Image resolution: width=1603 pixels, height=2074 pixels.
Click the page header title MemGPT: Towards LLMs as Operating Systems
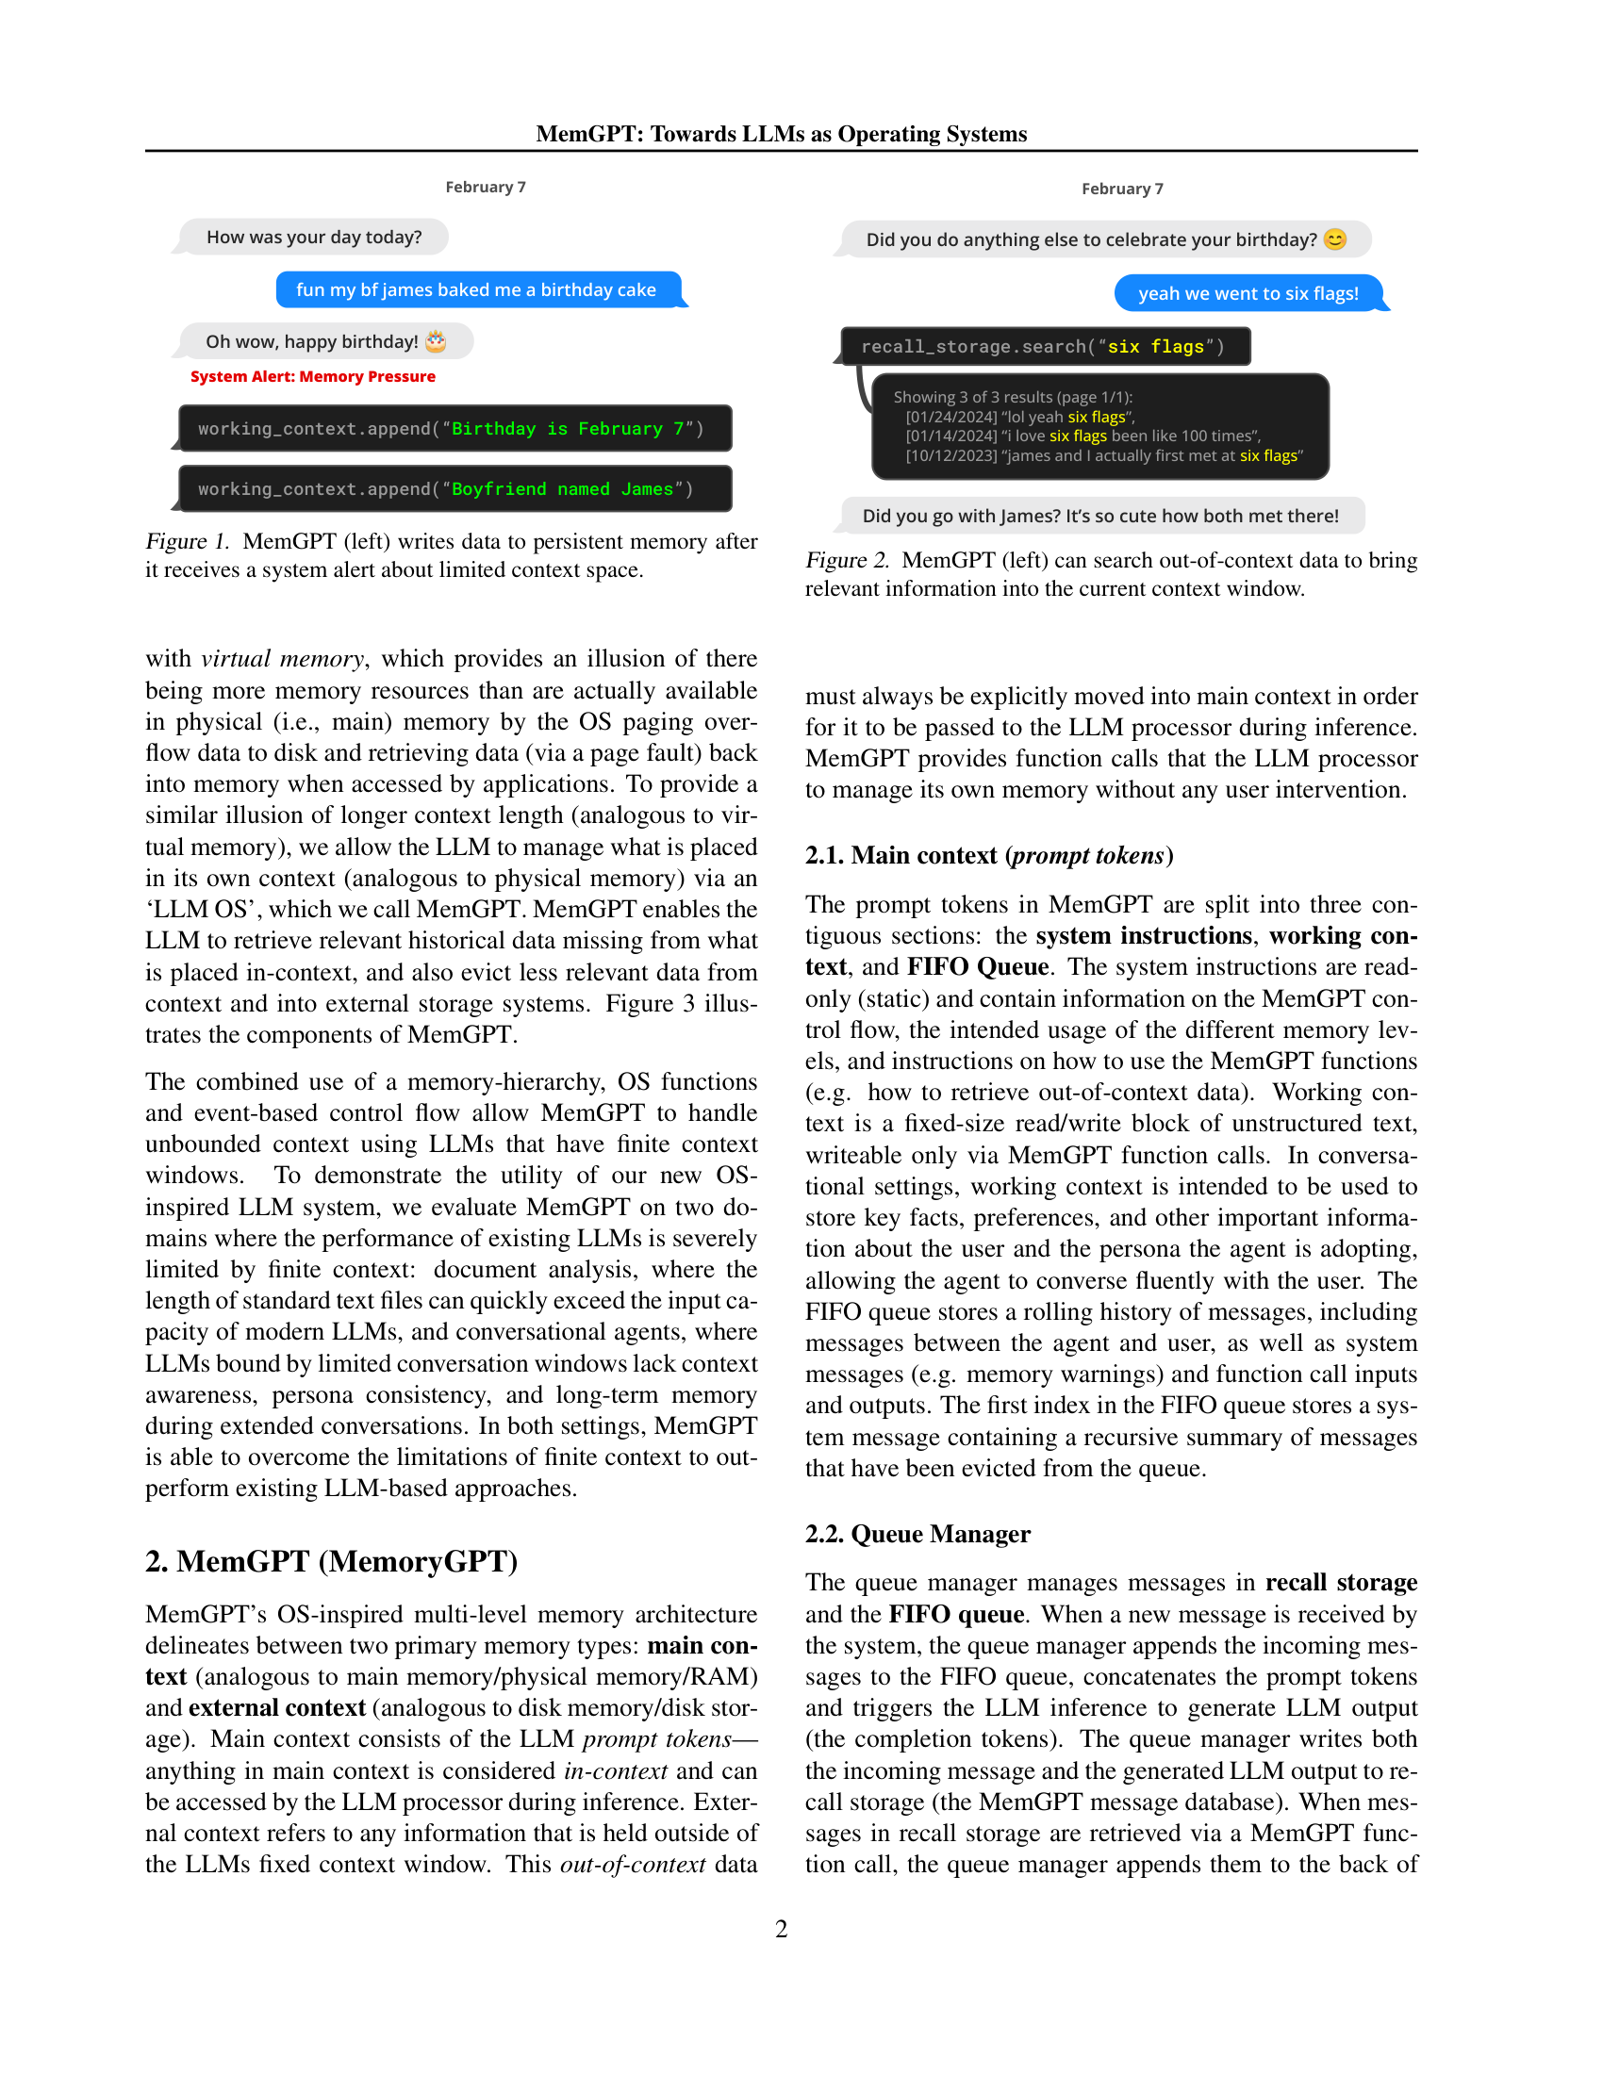[x=781, y=134]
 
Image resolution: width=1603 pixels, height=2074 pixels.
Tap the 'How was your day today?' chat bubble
[x=313, y=238]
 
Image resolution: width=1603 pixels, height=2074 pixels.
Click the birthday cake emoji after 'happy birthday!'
[x=436, y=341]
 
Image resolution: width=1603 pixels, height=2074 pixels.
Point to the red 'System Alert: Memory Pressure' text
[x=312, y=377]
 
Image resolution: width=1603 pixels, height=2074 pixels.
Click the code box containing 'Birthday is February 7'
[x=454, y=429]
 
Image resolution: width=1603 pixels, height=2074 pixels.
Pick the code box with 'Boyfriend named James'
[x=454, y=489]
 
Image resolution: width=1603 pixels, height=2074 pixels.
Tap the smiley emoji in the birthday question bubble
[x=1334, y=239]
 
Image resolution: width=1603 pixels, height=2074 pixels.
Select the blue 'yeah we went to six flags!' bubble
[x=1247, y=293]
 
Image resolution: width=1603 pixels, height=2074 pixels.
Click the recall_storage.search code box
[x=1044, y=347]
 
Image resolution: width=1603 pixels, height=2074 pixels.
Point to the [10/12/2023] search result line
[x=1102, y=456]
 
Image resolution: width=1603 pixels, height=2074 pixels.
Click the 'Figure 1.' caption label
[x=187, y=541]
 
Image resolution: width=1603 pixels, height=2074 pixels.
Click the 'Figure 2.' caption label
[x=847, y=560]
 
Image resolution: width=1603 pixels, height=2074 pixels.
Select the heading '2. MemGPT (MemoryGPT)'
[x=330, y=1562]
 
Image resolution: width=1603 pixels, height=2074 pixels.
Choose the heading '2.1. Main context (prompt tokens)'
[x=987, y=856]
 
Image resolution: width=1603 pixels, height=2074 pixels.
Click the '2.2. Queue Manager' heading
[x=917, y=1534]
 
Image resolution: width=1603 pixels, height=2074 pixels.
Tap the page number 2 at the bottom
[x=781, y=1929]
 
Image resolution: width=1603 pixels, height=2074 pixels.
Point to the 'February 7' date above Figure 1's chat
[x=486, y=187]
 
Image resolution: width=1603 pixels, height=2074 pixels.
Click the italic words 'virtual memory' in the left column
[x=282, y=659]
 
